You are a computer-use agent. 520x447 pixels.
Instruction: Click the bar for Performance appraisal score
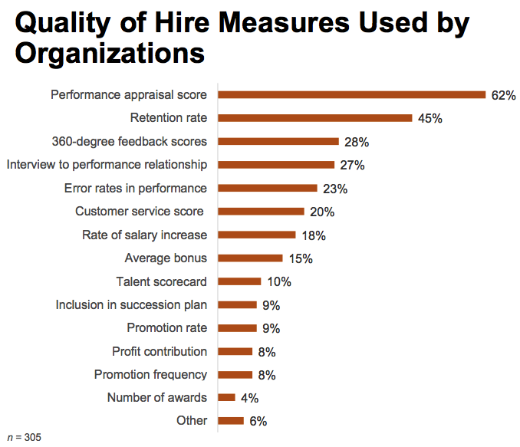[x=352, y=95]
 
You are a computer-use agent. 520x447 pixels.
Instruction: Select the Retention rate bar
[x=316, y=118]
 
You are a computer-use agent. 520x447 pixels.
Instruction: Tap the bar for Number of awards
[x=227, y=397]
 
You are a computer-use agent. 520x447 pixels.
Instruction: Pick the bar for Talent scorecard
[x=240, y=281]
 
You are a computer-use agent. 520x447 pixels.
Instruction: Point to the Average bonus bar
[x=251, y=258]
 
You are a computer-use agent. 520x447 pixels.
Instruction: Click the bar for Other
[x=231, y=420]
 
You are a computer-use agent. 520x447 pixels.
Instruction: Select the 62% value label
[x=504, y=95]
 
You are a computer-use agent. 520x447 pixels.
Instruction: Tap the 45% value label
[x=431, y=118]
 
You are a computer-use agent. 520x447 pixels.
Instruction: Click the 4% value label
[x=250, y=398]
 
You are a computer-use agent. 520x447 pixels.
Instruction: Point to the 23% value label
[x=334, y=189]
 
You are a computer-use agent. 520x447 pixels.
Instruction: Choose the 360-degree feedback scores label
[x=130, y=142]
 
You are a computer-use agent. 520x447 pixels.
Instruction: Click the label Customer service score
[x=140, y=212]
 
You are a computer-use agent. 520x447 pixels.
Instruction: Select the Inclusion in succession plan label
[x=131, y=305]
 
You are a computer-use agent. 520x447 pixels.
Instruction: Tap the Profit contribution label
[x=160, y=351]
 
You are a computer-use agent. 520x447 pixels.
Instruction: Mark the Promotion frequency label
[x=150, y=375]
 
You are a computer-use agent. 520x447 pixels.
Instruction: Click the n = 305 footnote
[x=24, y=437]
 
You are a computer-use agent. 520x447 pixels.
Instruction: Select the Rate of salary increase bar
[x=257, y=235]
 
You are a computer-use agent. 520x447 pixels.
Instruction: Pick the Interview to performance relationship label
[x=107, y=165]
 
